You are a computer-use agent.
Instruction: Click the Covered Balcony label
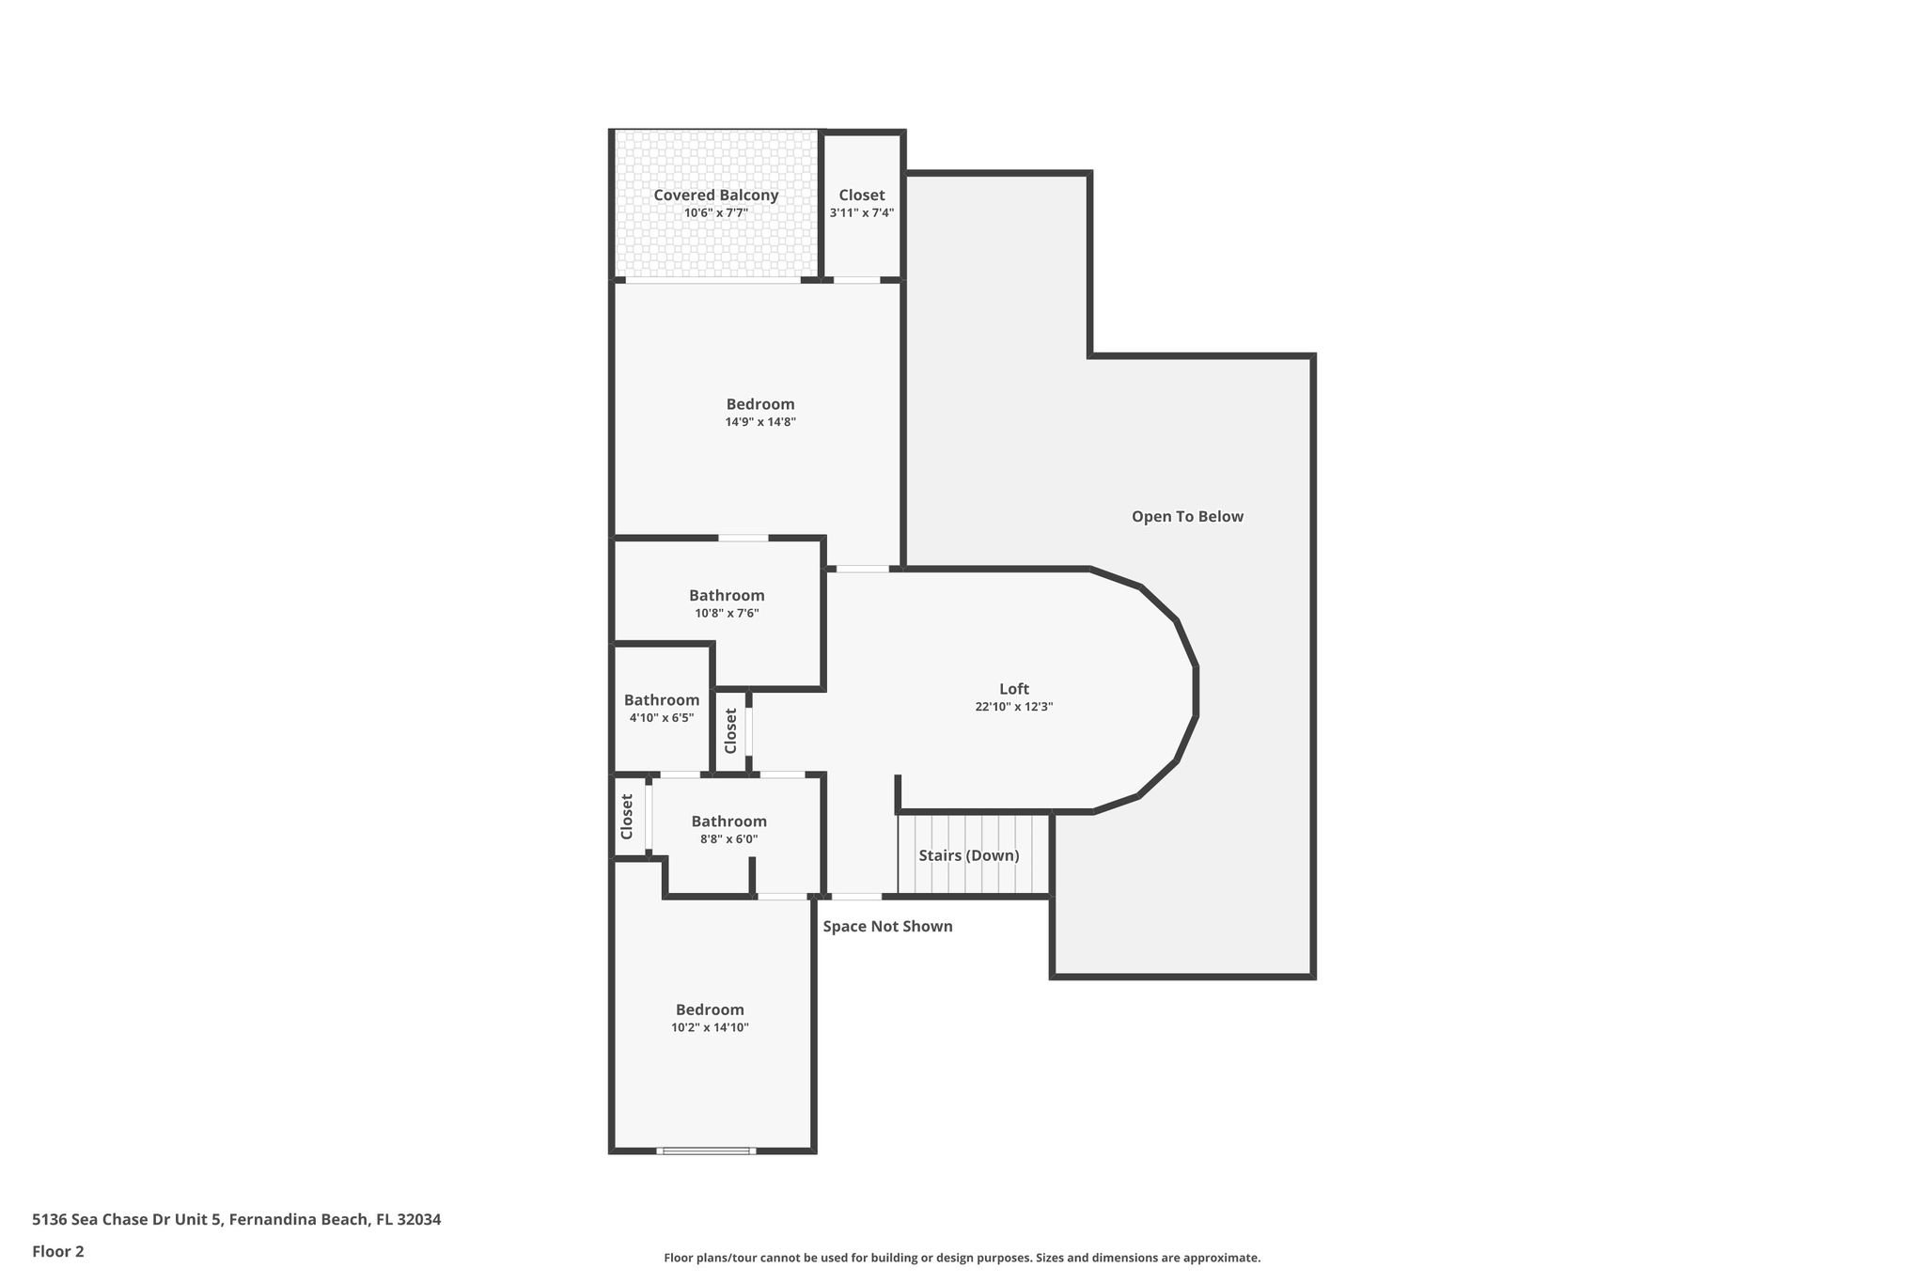pyautogui.click(x=716, y=196)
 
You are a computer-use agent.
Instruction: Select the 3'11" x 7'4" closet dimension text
pyautogui.click(x=862, y=213)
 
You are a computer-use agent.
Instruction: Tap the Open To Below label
pyautogui.click(x=1187, y=516)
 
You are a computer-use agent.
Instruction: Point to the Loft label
pyautogui.click(x=1014, y=689)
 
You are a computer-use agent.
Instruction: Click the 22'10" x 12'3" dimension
pyautogui.click(x=1014, y=707)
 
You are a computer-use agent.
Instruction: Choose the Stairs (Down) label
pyautogui.click(x=969, y=856)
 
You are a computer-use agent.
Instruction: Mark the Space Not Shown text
pyautogui.click(x=888, y=927)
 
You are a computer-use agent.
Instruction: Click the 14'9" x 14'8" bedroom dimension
pyautogui.click(x=760, y=422)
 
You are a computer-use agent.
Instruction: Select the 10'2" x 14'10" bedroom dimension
pyautogui.click(x=710, y=1027)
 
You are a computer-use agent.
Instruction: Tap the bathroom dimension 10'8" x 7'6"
pyautogui.click(x=727, y=614)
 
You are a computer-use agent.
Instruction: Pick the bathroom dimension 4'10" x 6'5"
pyautogui.click(x=662, y=718)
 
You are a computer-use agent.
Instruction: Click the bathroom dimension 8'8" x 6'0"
pyautogui.click(x=728, y=839)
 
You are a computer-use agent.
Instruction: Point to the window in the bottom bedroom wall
pyautogui.click(x=706, y=1150)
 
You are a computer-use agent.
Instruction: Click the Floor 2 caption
pyautogui.click(x=58, y=1252)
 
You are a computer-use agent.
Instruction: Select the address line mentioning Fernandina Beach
pyautogui.click(x=236, y=1220)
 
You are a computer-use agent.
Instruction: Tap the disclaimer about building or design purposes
pyautogui.click(x=962, y=1258)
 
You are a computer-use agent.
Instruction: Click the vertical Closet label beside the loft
pyautogui.click(x=730, y=731)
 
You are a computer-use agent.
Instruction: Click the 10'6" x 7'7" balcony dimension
pyautogui.click(x=716, y=213)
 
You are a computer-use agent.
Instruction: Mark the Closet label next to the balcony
pyautogui.click(x=862, y=196)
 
